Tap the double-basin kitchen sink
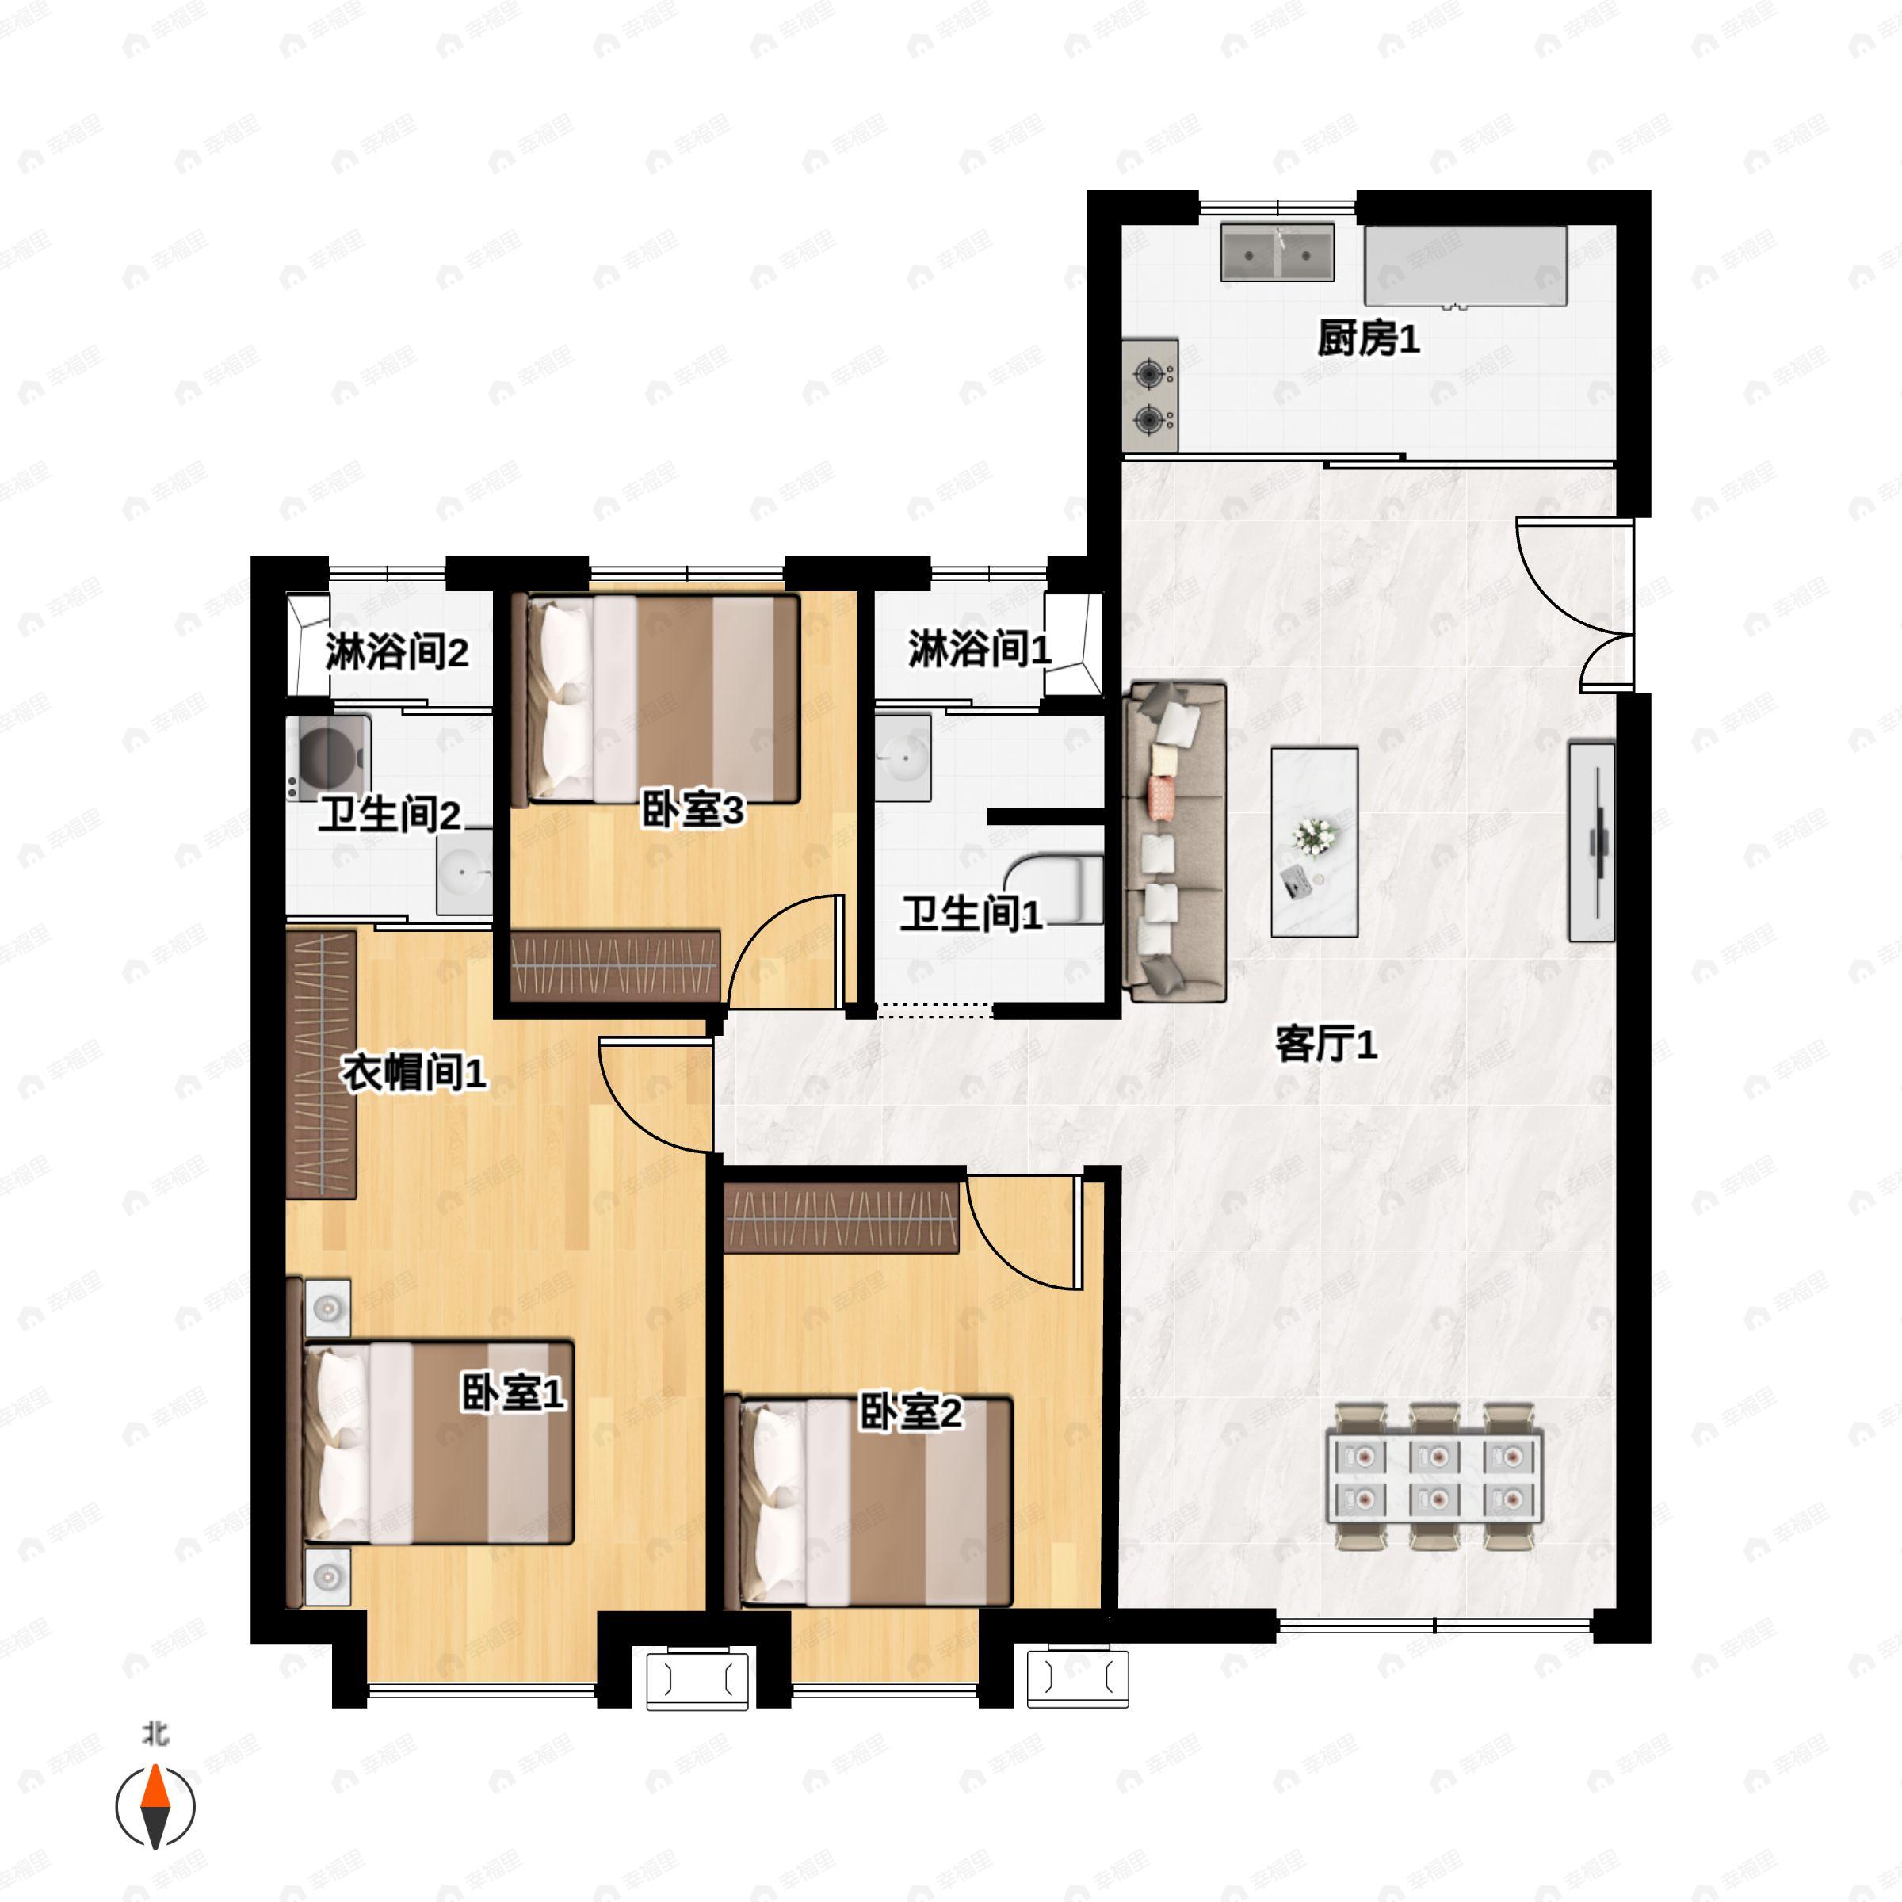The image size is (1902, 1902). pos(1277,253)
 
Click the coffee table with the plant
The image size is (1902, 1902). pos(1314,842)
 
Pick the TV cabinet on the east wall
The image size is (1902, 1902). pos(1591,842)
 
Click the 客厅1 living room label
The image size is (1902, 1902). pos(1325,1045)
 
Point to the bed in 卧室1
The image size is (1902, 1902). pos(437,1442)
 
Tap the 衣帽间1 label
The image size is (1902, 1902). pos(414,1072)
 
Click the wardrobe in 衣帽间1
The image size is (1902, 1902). pos(321,1064)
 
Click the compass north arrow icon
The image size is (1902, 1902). pos(155,1807)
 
